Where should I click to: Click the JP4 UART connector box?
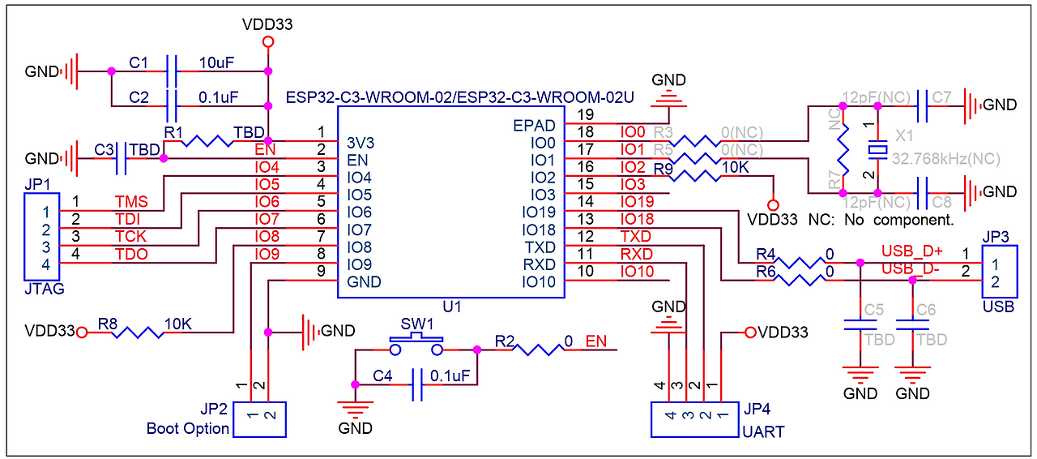[693, 419]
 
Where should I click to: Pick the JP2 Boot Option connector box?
[260, 419]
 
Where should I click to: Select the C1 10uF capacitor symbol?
[171, 71]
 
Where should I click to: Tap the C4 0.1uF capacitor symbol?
[417, 384]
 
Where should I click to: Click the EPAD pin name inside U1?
[534, 125]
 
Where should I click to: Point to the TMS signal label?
[130, 201]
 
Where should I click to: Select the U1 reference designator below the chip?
[452, 307]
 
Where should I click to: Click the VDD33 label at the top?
[267, 24]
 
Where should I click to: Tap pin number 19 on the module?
[585, 114]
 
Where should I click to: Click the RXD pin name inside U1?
[540, 264]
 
